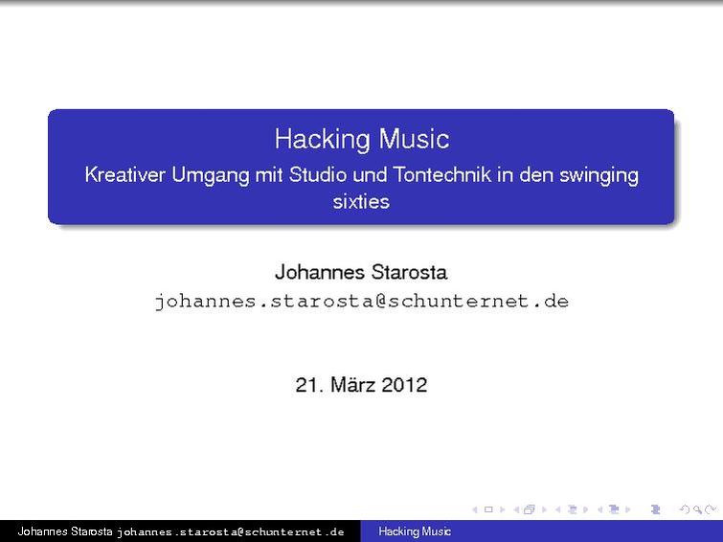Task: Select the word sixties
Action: (x=361, y=202)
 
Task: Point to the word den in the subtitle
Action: (x=535, y=175)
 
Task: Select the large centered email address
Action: (x=361, y=302)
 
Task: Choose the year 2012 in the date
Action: (x=404, y=385)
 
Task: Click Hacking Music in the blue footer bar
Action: (x=415, y=531)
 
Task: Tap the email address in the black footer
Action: (x=231, y=531)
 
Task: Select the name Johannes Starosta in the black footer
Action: (x=65, y=531)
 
